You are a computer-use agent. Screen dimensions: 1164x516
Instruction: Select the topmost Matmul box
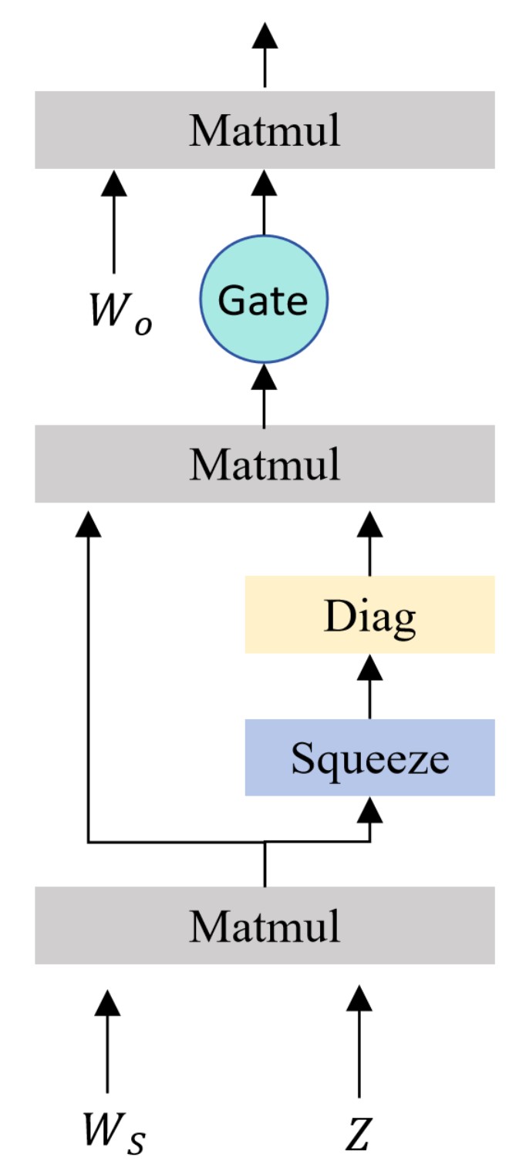tap(264, 130)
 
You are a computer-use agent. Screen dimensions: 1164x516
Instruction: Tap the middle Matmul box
tap(264, 464)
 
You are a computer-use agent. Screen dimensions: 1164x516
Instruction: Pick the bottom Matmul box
tap(264, 925)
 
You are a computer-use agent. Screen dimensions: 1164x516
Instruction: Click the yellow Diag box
tap(369, 614)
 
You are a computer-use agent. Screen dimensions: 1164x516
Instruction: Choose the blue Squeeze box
tap(369, 758)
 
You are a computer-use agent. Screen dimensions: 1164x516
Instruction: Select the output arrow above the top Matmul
tap(265, 54)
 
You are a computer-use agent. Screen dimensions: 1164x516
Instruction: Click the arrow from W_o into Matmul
tap(114, 220)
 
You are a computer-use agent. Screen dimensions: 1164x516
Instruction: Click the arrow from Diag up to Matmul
tap(370, 543)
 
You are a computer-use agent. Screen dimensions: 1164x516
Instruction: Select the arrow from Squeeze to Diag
tap(370, 686)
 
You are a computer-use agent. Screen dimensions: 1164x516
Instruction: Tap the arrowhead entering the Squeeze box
tap(371, 808)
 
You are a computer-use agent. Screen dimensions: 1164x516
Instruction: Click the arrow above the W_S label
tap(107, 1041)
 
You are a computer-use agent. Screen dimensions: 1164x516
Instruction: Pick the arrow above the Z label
tap(359, 1041)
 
